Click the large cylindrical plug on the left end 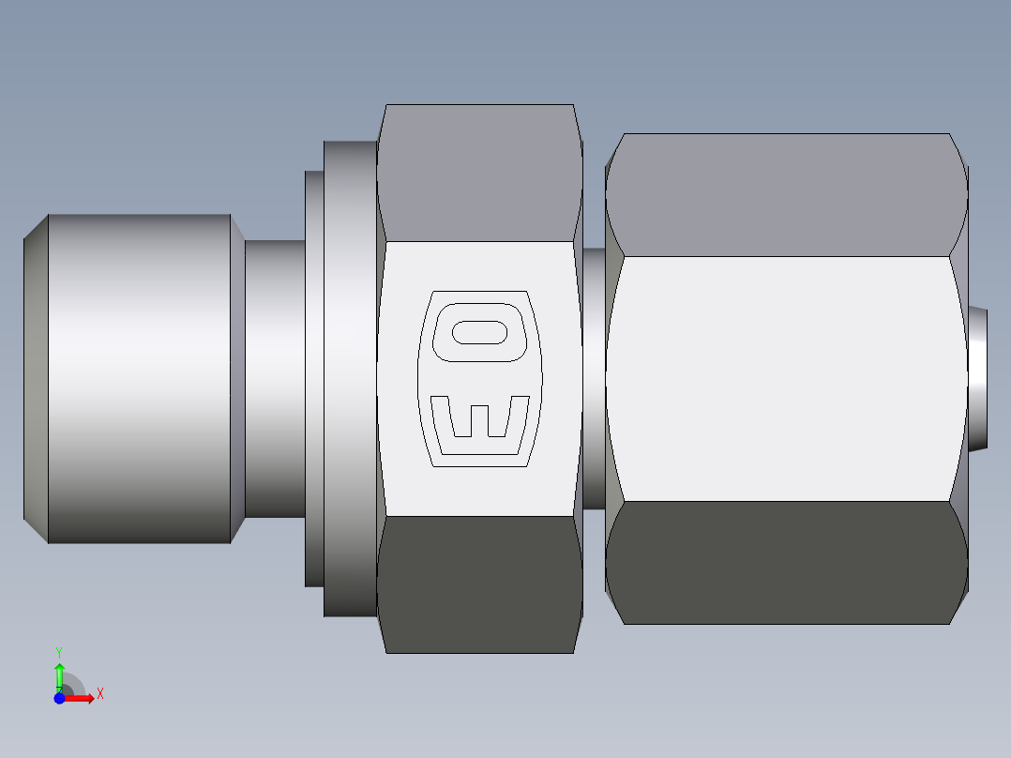point(139,378)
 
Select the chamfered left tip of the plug point(36,378)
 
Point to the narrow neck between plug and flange point(274,378)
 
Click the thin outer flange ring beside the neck point(313,378)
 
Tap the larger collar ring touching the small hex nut point(349,378)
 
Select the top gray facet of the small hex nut point(479,173)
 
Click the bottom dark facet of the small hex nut point(479,584)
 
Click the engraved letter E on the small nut point(479,417)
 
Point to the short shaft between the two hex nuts point(593,378)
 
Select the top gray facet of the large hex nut point(786,194)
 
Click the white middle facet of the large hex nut point(786,378)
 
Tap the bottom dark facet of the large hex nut point(786,563)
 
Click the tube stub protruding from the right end point(978,378)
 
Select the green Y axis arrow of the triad point(59,674)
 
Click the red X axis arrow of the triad point(82,698)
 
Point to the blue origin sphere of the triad point(59,698)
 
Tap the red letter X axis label point(99,694)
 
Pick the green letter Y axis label point(58,651)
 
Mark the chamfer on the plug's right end point(237,378)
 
